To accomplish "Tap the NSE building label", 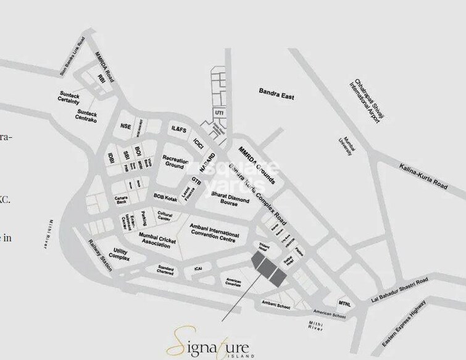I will click(126, 126).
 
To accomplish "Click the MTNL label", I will click(344, 304).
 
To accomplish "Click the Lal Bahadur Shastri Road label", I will click(397, 290).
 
